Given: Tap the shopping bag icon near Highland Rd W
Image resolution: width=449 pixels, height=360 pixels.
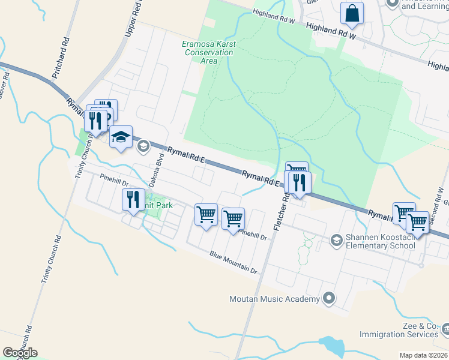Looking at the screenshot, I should pos(352,13).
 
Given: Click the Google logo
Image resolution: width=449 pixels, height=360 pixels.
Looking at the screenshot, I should pos(20,353).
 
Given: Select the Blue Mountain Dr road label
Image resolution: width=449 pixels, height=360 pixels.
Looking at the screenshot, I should pos(234,263).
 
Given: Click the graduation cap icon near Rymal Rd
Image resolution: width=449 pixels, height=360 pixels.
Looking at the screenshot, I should pos(121,137).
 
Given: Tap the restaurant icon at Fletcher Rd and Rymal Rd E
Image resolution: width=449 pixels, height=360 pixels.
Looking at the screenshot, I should pos(299,181).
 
